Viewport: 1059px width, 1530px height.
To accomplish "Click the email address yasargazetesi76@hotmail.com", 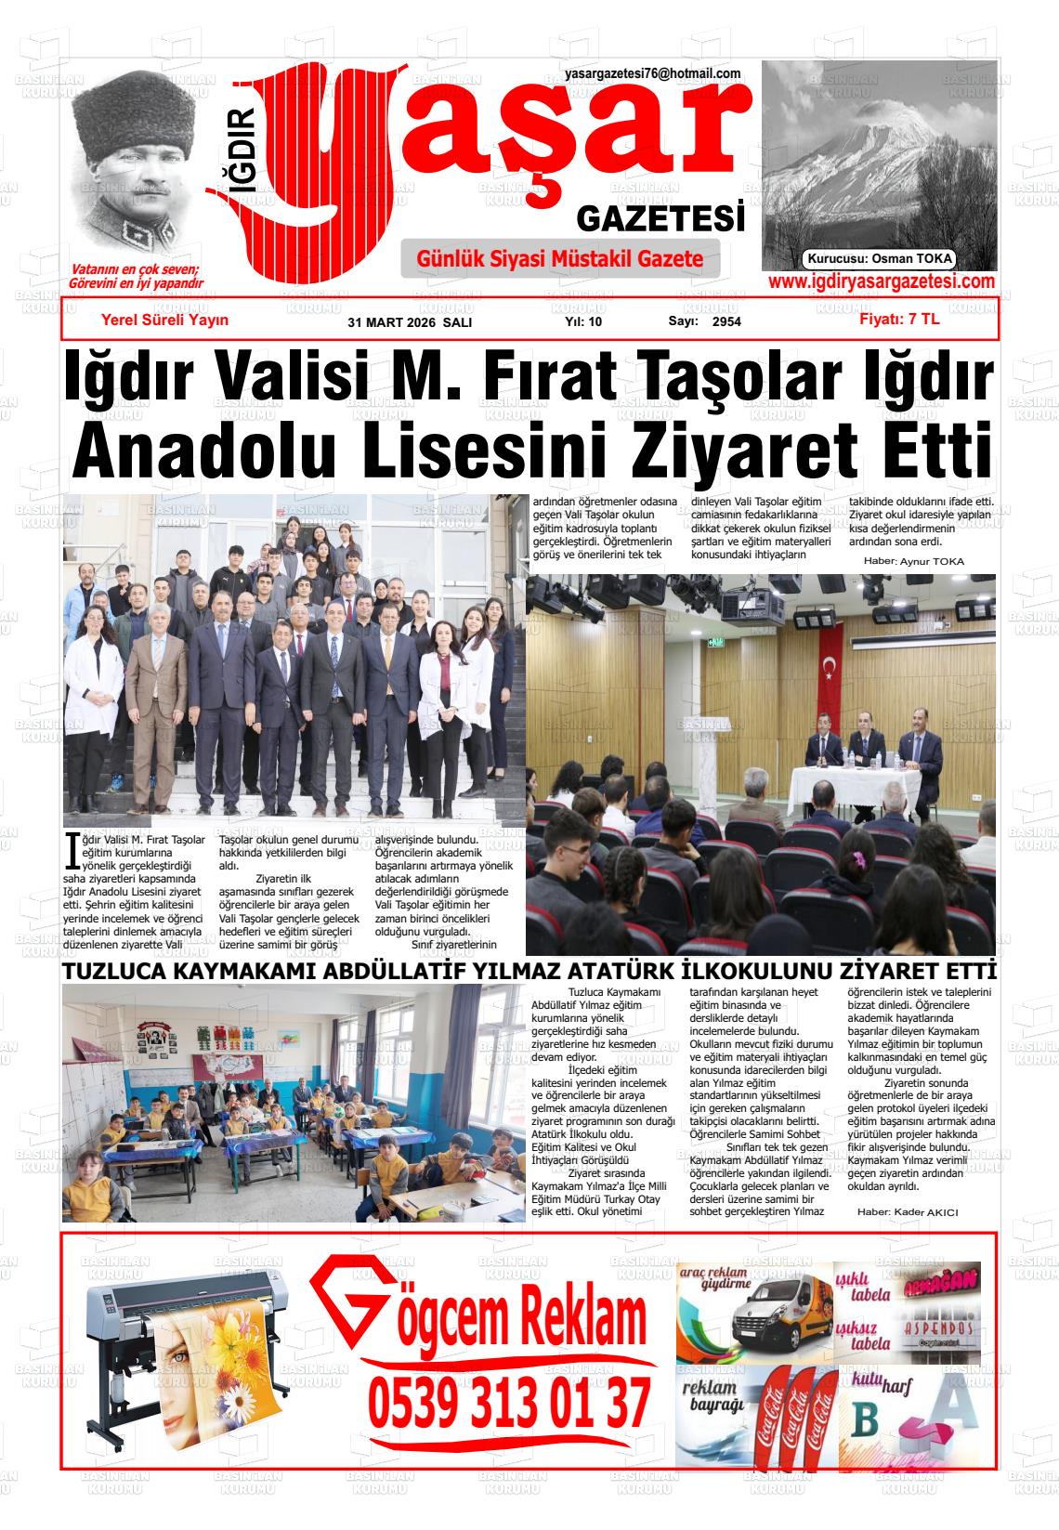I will tap(652, 73).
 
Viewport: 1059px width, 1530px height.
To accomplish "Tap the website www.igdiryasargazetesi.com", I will tap(882, 281).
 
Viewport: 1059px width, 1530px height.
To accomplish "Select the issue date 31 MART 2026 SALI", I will tap(410, 322).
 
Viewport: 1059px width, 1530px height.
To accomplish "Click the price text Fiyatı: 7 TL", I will tap(899, 319).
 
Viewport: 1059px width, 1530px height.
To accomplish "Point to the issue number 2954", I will tap(726, 322).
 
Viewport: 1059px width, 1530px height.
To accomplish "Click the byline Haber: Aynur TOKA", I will tap(914, 561).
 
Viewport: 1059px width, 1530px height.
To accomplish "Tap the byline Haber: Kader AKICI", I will tap(907, 1212).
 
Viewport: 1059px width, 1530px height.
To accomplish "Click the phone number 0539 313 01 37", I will tap(508, 1404).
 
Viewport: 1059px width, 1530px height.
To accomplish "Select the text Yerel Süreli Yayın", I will tap(164, 320).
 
